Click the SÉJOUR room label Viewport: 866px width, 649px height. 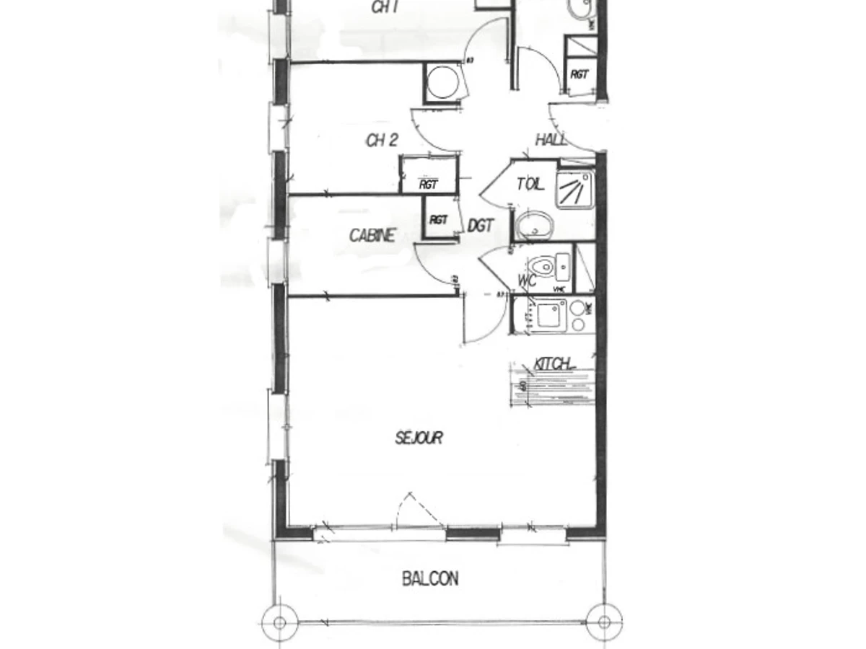[419, 438]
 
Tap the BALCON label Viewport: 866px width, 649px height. [430, 578]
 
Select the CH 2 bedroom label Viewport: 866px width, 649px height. [382, 141]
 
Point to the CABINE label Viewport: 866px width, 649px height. [372, 236]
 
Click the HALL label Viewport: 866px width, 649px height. [551, 140]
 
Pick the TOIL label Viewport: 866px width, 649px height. [530, 185]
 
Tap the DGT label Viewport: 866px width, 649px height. [481, 226]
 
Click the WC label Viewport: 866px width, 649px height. [528, 280]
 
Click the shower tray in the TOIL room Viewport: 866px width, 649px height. [575, 189]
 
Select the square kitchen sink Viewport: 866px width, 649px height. [551, 314]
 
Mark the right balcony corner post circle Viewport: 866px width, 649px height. [603, 621]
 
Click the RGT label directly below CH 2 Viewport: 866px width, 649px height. [429, 185]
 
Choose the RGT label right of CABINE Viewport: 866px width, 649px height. [438, 220]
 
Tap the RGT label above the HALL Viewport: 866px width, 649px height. [579, 74]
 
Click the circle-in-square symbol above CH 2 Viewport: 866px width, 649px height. [441, 82]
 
